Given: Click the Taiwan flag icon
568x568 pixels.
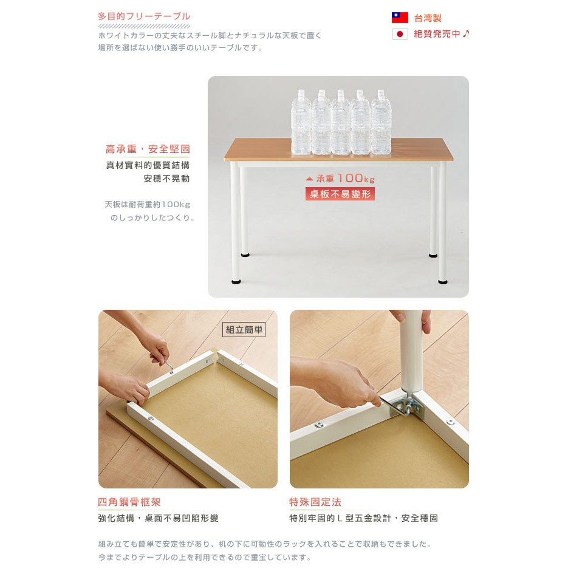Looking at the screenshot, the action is (400, 18).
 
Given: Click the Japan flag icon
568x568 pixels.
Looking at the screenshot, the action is (400, 34).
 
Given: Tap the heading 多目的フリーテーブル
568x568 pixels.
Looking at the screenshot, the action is (144, 16).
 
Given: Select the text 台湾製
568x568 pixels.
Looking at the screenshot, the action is (428, 18).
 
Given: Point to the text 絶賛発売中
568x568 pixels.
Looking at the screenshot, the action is (437, 34).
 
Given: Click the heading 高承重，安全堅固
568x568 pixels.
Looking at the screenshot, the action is (148, 149).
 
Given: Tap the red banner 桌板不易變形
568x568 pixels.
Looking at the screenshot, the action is (340, 194).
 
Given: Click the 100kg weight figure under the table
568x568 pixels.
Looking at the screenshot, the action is (356, 178).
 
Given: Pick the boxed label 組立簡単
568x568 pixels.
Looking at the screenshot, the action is (244, 330).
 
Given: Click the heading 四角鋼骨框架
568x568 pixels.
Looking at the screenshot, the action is (129, 502).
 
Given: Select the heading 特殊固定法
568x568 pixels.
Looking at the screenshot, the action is (315, 502).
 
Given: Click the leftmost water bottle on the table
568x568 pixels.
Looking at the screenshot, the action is (301, 123).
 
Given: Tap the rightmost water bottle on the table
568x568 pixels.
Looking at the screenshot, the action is (382, 123).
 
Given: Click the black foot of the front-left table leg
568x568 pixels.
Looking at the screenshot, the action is (236, 281).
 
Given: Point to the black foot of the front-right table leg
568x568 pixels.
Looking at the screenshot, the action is (443, 281).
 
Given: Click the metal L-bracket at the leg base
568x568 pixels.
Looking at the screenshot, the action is (406, 407).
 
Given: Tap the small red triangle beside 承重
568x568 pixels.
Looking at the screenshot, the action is (309, 179).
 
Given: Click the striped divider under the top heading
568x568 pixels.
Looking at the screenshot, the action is (144, 26).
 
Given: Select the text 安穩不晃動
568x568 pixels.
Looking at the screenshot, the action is (166, 179).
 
